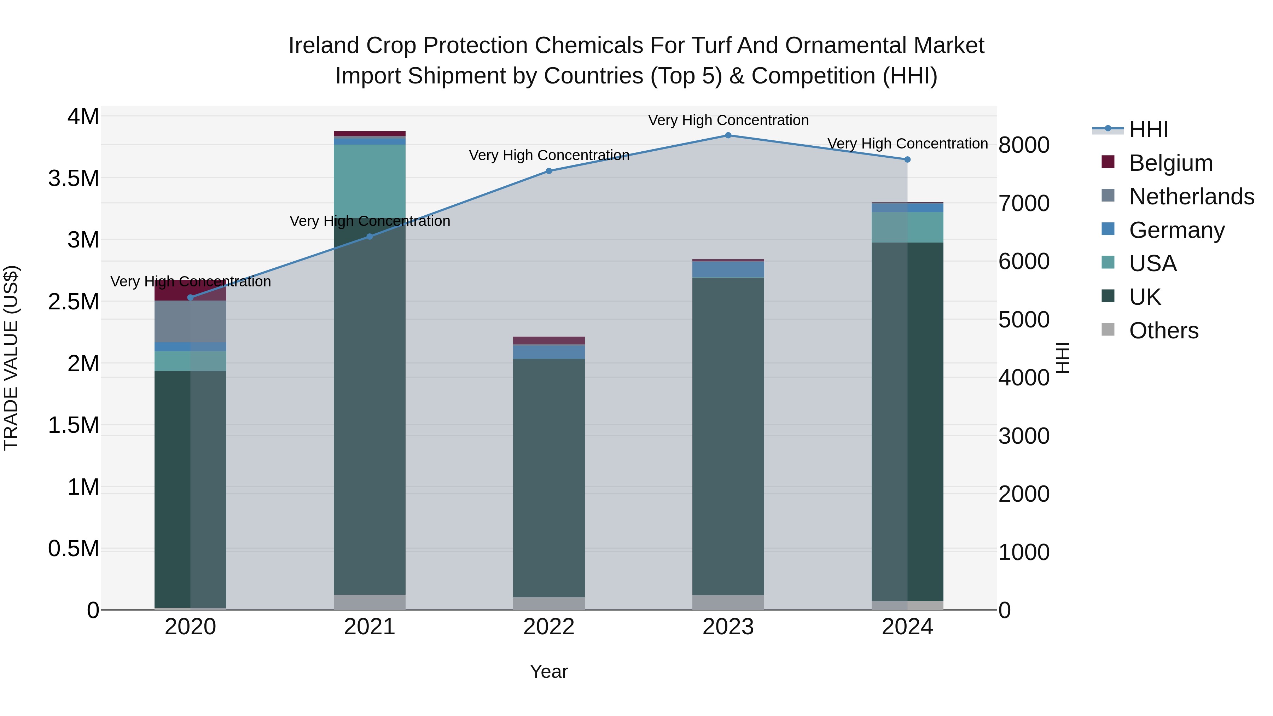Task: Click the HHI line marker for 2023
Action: [x=728, y=135]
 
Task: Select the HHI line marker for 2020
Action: [x=191, y=297]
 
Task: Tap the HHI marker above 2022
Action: [x=548, y=171]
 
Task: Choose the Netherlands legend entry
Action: [x=1191, y=197]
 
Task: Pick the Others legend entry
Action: [x=1163, y=331]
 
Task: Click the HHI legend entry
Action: [x=1149, y=129]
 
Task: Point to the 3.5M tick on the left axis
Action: [x=74, y=179]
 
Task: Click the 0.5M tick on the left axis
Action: [x=74, y=548]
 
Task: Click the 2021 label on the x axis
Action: [x=370, y=627]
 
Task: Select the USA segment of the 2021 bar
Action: [x=370, y=181]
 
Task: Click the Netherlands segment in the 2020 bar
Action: [x=191, y=321]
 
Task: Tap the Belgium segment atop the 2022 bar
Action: [x=548, y=340]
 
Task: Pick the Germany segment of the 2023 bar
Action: [x=728, y=269]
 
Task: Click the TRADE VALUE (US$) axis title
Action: [x=11, y=358]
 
